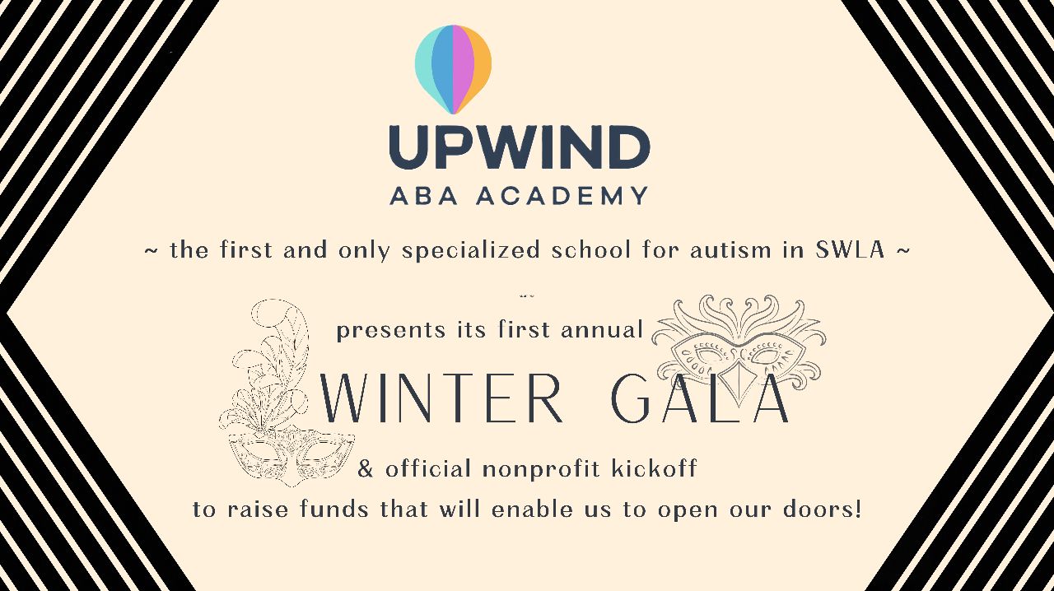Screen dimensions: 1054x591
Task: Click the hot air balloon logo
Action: (453, 70)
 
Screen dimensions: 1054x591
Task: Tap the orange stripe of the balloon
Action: (478, 66)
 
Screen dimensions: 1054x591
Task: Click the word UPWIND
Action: (520, 147)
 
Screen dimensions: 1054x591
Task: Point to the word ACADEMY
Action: (562, 195)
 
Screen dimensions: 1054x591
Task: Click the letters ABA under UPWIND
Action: (423, 195)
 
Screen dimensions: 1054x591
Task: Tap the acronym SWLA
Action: (851, 249)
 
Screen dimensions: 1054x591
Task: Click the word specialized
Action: (470, 250)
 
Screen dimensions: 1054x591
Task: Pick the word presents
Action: (390, 331)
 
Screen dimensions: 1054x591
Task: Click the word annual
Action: (602, 329)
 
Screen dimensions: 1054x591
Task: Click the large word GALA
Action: (700, 398)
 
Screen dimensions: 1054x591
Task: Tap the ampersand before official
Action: (365, 469)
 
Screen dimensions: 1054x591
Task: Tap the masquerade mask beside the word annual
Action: (739, 348)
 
